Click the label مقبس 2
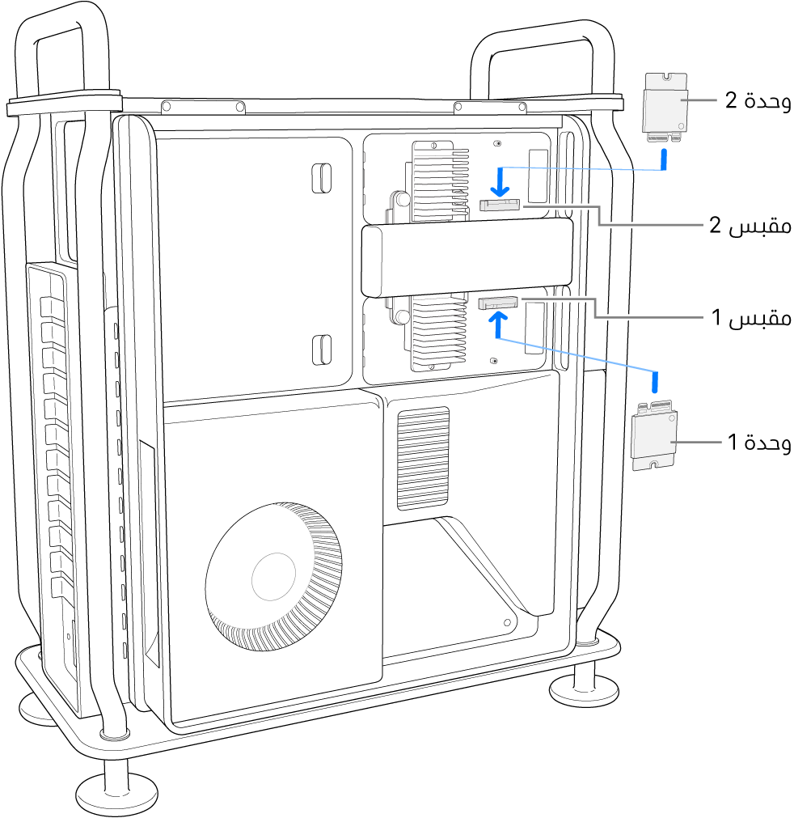[749, 227]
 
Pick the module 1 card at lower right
[654, 437]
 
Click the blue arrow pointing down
[502, 181]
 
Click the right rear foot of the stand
[583, 688]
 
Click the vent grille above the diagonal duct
[422, 457]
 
